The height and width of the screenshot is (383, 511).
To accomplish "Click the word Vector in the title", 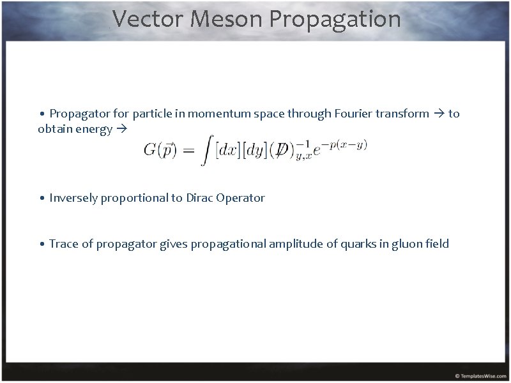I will click(148, 19).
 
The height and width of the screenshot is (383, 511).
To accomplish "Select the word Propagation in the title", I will click(335, 19).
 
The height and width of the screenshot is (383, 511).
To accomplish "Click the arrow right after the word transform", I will click(439, 114).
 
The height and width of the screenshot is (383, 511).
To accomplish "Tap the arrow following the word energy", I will click(121, 130).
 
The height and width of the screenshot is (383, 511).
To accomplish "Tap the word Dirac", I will click(200, 198).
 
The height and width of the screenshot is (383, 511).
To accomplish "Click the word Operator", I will click(241, 198).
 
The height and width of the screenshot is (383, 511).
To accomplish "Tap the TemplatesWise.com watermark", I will click(480, 376).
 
